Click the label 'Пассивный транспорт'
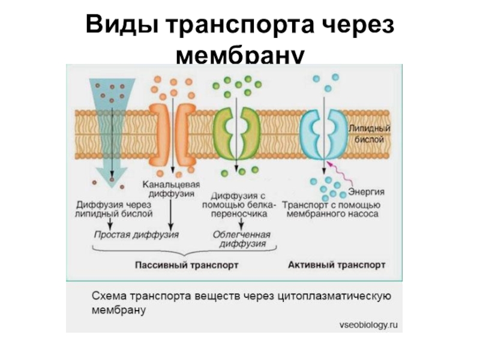tap(187, 264)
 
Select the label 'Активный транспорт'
tap(337, 264)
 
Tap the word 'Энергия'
tap(366, 192)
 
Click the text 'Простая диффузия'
tap(137, 233)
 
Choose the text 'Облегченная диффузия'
tap(242, 239)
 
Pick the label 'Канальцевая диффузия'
tap(171, 189)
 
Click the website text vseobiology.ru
tap(368, 325)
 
